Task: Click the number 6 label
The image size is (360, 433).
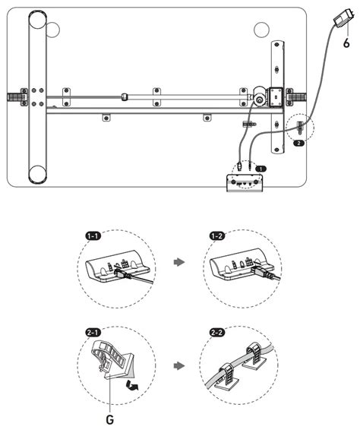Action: pyautogui.click(x=346, y=43)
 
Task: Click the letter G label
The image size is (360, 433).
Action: pyautogui.click(x=110, y=420)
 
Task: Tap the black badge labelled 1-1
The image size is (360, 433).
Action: pyautogui.click(x=93, y=236)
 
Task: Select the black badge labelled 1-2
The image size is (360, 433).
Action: pyautogui.click(x=217, y=236)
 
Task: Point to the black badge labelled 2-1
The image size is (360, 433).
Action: pyautogui.click(x=93, y=333)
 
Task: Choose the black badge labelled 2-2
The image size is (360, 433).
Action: pyautogui.click(x=217, y=333)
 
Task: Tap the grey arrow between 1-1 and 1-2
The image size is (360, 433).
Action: pyautogui.click(x=179, y=262)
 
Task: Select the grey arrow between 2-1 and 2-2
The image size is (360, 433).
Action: pyautogui.click(x=179, y=366)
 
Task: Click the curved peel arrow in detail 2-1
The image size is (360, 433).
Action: pyautogui.click(x=132, y=385)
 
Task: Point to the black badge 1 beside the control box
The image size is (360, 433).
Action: pyautogui.click(x=261, y=169)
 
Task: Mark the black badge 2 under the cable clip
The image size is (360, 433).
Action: pyautogui.click(x=298, y=143)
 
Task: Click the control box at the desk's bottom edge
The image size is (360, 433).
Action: pyautogui.click(x=245, y=182)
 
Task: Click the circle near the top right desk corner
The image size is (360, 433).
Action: pyautogui.click(x=261, y=30)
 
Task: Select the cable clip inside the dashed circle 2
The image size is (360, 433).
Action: pyautogui.click(x=300, y=128)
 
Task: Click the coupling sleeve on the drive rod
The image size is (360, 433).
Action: pyautogui.click(x=125, y=97)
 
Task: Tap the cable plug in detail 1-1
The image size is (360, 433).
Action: pyautogui.click(x=122, y=275)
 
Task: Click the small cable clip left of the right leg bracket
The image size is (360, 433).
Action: pyautogui.click(x=249, y=124)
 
